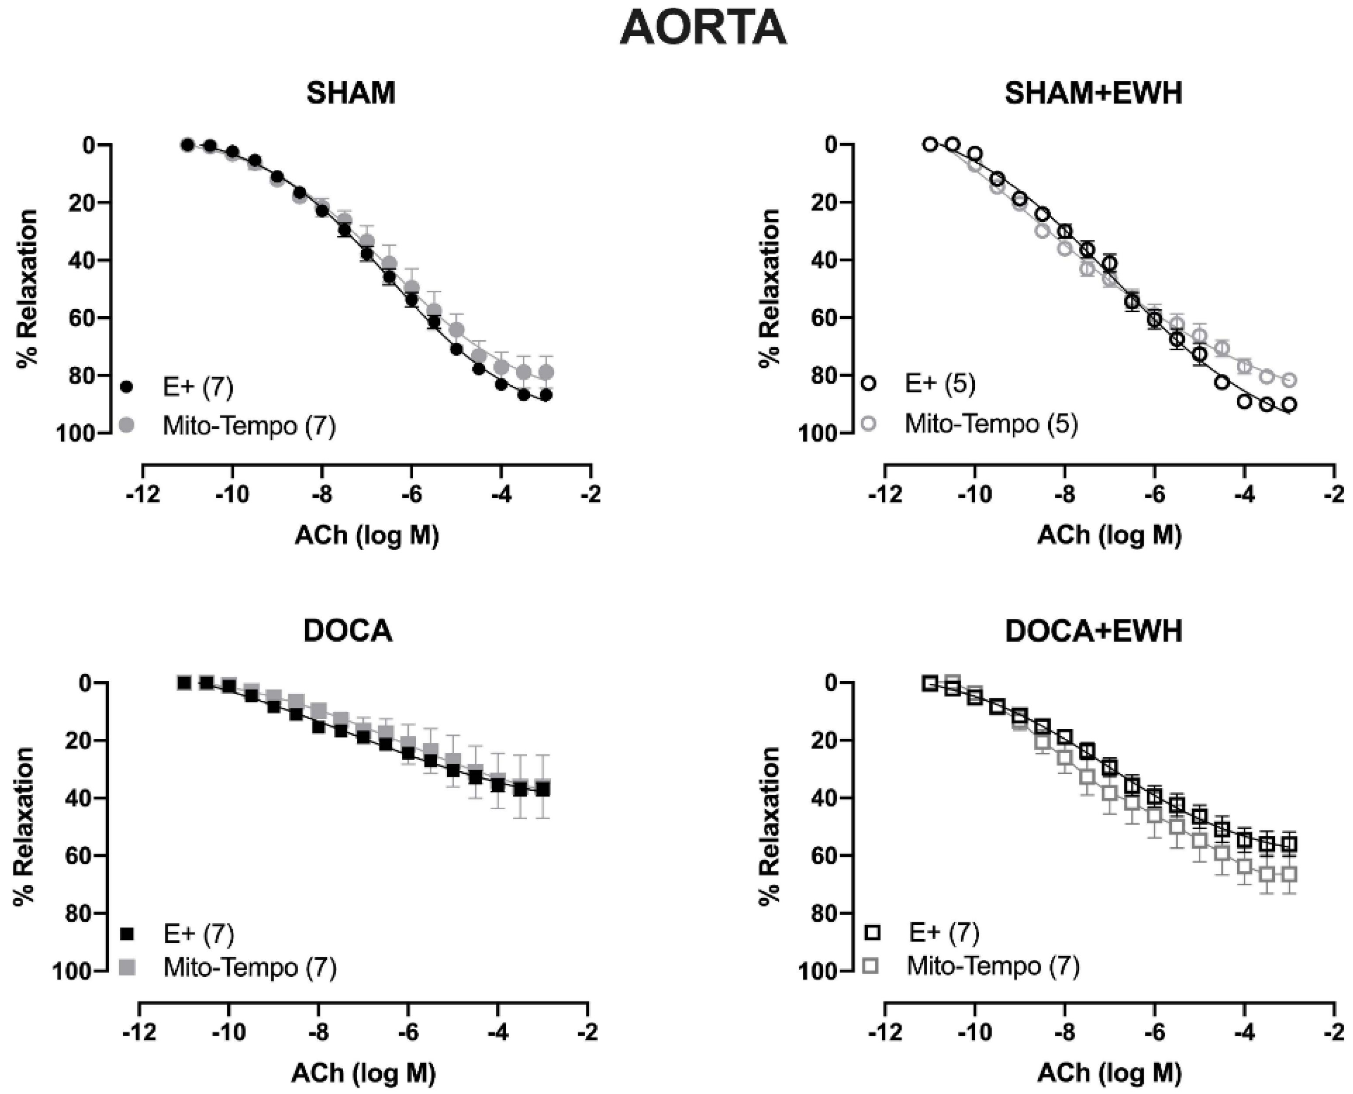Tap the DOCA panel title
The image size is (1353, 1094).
(x=348, y=631)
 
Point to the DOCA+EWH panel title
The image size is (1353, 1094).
(x=1093, y=631)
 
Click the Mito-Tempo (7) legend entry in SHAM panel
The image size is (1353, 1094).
(x=249, y=426)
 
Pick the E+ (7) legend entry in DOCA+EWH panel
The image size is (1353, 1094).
(x=943, y=932)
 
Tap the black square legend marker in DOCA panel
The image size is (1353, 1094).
(x=128, y=934)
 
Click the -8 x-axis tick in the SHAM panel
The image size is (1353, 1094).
(x=321, y=495)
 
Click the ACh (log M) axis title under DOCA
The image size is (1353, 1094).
(x=363, y=1072)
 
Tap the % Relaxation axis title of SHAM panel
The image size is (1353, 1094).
(x=27, y=288)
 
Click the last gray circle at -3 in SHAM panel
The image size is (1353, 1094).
(x=546, y=372)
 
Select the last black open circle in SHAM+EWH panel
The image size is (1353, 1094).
(x=1289, y=405)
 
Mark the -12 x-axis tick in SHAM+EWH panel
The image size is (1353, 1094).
(x=884, y=495)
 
